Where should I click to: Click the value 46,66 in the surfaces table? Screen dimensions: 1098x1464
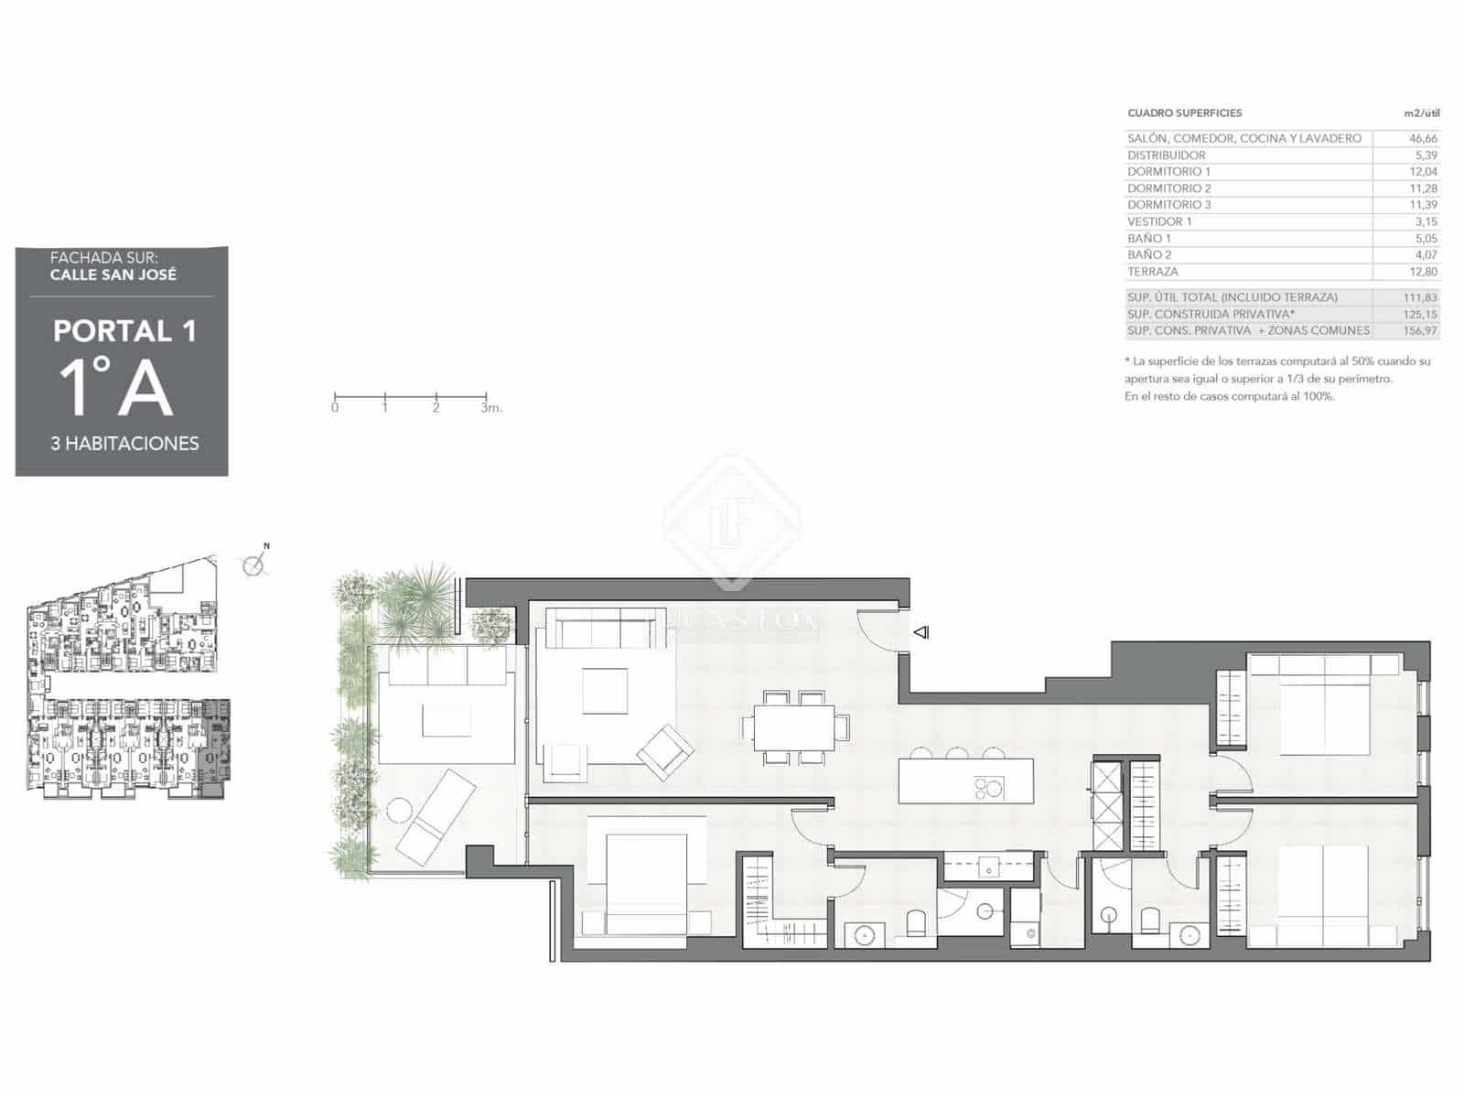[x=1423, y=138]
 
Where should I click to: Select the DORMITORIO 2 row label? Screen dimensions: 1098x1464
[x=1168, y=188]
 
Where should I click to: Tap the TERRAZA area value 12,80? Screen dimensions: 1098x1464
[x=1424, y=272]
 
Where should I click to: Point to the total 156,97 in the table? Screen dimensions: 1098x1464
[x=1420, y=330]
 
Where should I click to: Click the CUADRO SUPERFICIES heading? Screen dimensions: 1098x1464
[x=1184, y=113]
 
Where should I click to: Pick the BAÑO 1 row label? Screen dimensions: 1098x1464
[x=1148, y=238]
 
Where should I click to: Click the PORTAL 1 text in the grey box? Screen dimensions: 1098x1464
[x=124, y=331]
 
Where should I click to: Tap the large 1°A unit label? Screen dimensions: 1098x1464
[x=116, y=388]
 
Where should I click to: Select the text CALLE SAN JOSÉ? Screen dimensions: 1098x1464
[x=113, y=274]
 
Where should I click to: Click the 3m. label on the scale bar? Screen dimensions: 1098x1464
[x=491, y=408]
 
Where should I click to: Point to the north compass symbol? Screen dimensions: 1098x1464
[x=254, y=564]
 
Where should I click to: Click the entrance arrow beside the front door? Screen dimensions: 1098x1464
[x=921, y=631]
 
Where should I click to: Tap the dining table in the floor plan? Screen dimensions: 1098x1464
[x=793, y=727]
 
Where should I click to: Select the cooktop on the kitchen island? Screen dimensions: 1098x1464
[x=988, y=787]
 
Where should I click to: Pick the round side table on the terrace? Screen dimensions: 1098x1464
[x=400, y=810]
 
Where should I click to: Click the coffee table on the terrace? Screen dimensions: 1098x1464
[x=447, y=720]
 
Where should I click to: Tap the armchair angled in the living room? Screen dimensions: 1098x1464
[x=665, y=751]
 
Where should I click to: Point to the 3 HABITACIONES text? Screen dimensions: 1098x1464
[x=124, y=444]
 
